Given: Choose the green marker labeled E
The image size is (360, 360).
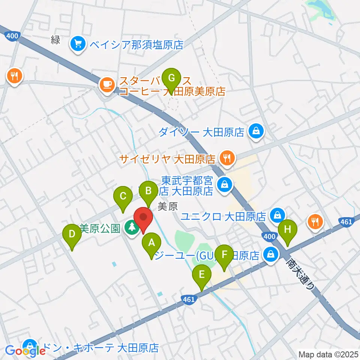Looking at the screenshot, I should pyautogui.click(x=202, y=275).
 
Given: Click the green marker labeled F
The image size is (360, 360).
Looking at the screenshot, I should pyautogui.click(x=225, y=255).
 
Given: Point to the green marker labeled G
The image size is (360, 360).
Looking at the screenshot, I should pyautogui.click(x=171, y=78).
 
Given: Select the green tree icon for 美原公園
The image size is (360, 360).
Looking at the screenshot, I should pyautogui.click(x=131, y=227).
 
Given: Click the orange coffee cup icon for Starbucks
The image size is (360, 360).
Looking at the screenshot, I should pyautogui.click(x=107, y=84).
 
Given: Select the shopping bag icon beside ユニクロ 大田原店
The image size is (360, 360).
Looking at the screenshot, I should pyautogui.click(x=278, y=216).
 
